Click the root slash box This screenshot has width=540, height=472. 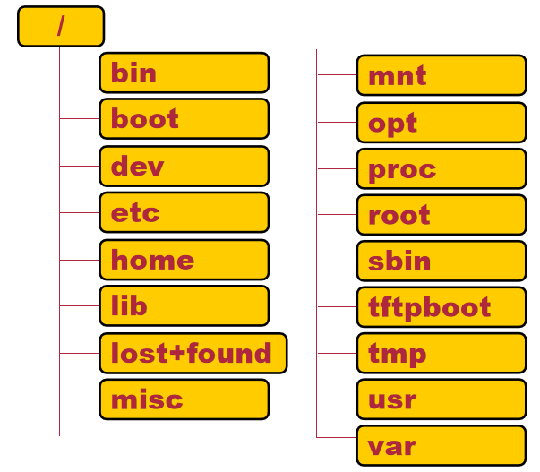pos(61,27)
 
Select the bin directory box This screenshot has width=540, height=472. pos(184,73)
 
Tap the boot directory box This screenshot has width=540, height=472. pos(184,119)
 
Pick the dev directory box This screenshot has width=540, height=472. pos(184,166)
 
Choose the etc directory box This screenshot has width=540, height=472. pos(184,212)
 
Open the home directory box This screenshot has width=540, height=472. pos(184,260)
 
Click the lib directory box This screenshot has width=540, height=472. pos(184,306)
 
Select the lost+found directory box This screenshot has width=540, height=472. pos(193,353)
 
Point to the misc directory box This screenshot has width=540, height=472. pos(184,399)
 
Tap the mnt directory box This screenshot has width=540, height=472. pos(441,75)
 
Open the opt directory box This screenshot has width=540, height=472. pos(441,122)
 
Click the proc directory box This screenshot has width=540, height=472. pos(441,168)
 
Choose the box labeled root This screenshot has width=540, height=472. pos(441,215)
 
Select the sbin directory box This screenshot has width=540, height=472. pos(441,262)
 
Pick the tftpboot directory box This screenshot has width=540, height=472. pos(441,307)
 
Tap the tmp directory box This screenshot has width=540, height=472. pos(441,354)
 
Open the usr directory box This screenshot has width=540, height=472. pos(441,399)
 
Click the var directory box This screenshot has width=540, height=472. pos(441,445)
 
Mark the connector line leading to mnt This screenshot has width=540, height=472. pos(337,75)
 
